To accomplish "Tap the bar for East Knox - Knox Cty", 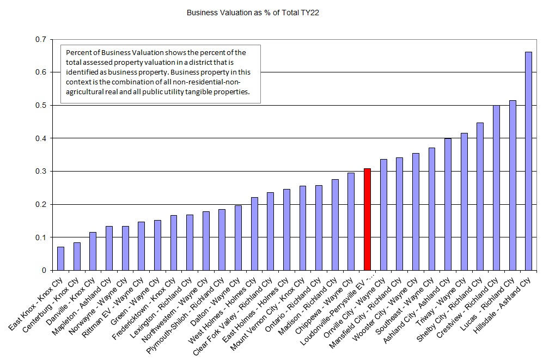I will (x=60, y=259).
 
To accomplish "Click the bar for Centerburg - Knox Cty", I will (x=77, y=257).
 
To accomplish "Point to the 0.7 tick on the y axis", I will (x=40, y=39).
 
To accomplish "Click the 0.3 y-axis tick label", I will (x=40, y=171).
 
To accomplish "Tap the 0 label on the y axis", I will (x=44, y=270).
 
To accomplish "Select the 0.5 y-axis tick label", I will (x=40, y=105).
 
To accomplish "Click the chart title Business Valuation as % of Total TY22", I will (x=253, y=12).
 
